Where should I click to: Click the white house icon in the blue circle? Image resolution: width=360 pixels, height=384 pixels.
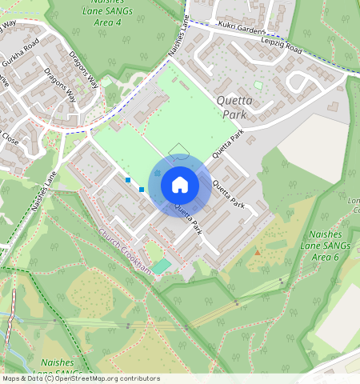click(x=180, y=185)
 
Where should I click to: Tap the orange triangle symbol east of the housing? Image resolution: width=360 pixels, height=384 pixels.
click(x=257, y=252)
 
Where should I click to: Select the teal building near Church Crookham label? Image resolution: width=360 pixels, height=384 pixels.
click(x=162, y=265)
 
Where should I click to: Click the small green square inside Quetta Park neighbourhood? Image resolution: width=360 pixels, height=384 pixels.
click(x=258, y=85)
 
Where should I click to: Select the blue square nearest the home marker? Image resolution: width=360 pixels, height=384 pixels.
click(x=142, y=190)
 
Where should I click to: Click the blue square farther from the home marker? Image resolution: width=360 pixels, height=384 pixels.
click(x=128, y=180)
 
